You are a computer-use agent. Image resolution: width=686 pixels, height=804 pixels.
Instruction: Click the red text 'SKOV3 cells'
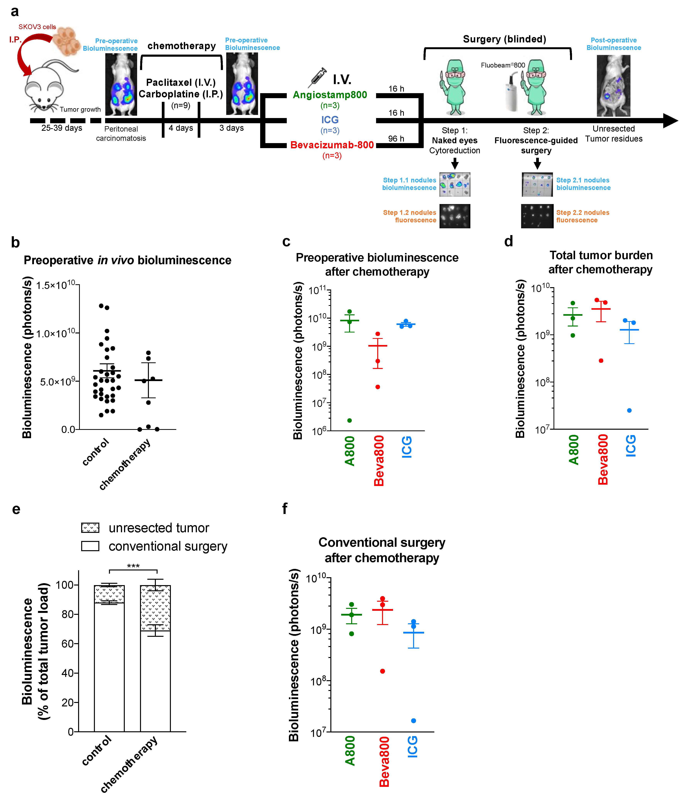click(37, 27)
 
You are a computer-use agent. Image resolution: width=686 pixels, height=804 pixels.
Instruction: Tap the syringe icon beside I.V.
click(317, 77)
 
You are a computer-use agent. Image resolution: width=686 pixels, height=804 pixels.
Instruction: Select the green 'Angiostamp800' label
click(330, 95)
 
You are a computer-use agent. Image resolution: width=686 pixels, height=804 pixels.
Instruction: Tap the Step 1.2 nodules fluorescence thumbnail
click(455, 216)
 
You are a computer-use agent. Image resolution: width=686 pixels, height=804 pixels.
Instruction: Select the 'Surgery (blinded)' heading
click(504, 39)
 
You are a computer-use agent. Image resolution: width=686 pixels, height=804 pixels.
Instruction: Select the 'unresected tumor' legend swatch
click(90, 528)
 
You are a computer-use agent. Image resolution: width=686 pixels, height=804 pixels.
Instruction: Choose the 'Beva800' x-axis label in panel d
click(602, 460)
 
